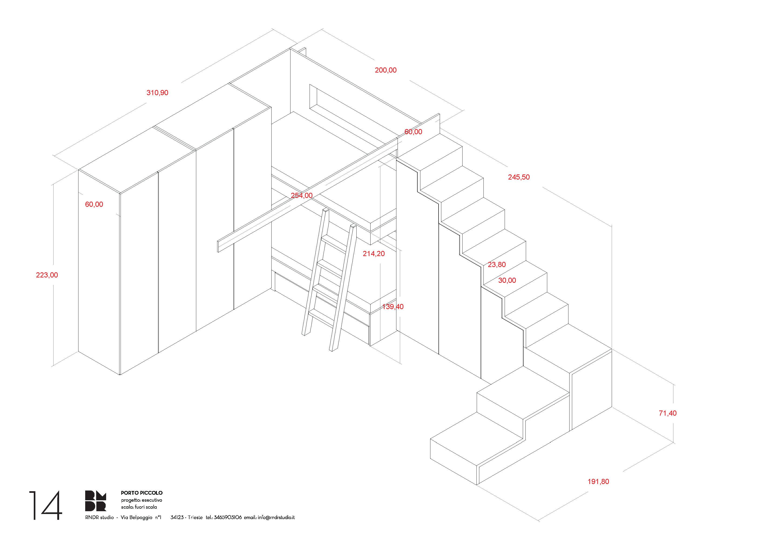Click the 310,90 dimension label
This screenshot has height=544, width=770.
(x=157, y=93)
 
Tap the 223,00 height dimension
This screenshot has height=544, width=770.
(x=47, y=275)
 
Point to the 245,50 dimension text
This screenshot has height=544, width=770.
(x=519, y=177)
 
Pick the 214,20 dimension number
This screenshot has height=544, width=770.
(x=374, y=254)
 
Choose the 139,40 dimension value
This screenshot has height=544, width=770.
(x=393, y=307)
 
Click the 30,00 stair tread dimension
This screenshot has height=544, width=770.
(x=507, y=280)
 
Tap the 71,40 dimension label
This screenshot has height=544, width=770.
(x=668, y=413)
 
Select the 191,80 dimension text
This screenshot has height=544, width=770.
(x=598, y=482)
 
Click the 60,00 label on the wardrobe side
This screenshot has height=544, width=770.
(x=94, y=204)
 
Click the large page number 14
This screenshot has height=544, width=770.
(x=46, y=505)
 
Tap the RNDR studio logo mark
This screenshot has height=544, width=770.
(x=96, y=501)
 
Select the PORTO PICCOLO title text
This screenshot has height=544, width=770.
(x=142, y=493)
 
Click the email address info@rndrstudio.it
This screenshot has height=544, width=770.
(x=276, y=517)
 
